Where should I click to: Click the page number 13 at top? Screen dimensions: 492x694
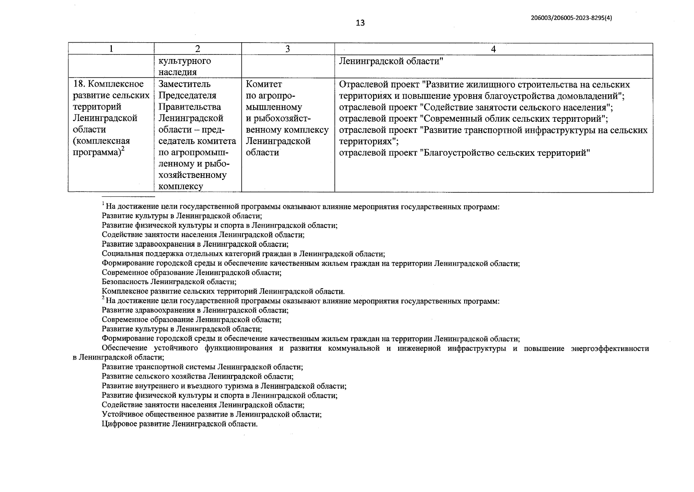coord(360,23)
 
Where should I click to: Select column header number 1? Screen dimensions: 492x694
coord(111,49)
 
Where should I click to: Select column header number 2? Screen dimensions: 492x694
coord(197,49)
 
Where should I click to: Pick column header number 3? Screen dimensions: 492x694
coord(288,49)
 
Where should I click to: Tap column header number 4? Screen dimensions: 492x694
coord(493,49)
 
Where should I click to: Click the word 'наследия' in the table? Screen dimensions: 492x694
coord(177,72)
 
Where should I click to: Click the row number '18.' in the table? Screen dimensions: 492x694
coord(79,84)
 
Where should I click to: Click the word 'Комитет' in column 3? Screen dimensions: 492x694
coord(264,84)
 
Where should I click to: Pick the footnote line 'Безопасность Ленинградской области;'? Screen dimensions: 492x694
coord(169,282)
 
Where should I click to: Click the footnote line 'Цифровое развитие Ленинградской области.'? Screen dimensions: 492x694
coord(179,424)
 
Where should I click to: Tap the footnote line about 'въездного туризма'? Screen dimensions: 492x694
coord(224,386)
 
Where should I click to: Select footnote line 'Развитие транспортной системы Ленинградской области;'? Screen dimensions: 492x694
coord(202,367)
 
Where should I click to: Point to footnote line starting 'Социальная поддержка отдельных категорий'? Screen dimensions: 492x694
coord(243,254)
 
